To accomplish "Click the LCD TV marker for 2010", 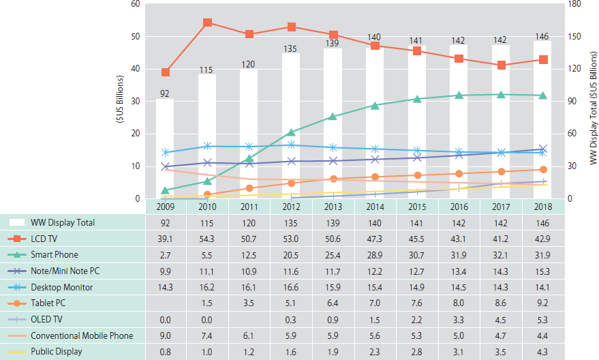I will tap(207, 22).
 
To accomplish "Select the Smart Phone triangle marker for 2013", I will tap(333, 117).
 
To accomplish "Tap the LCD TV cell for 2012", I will tap(291, 239).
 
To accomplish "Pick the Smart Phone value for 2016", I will tap(459, 255).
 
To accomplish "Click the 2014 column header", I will tap(375, 206).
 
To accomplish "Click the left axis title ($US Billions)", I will tap(120, 101).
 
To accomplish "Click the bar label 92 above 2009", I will tap(165, 93).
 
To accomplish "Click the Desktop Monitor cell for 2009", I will tap(165, 287).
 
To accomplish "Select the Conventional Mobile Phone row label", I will tap(80, 336).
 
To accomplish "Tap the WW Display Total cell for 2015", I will tap(417, 222).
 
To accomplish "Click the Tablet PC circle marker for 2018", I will tap(543, 170).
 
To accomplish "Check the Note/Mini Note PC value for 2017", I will tap(501, 271).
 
